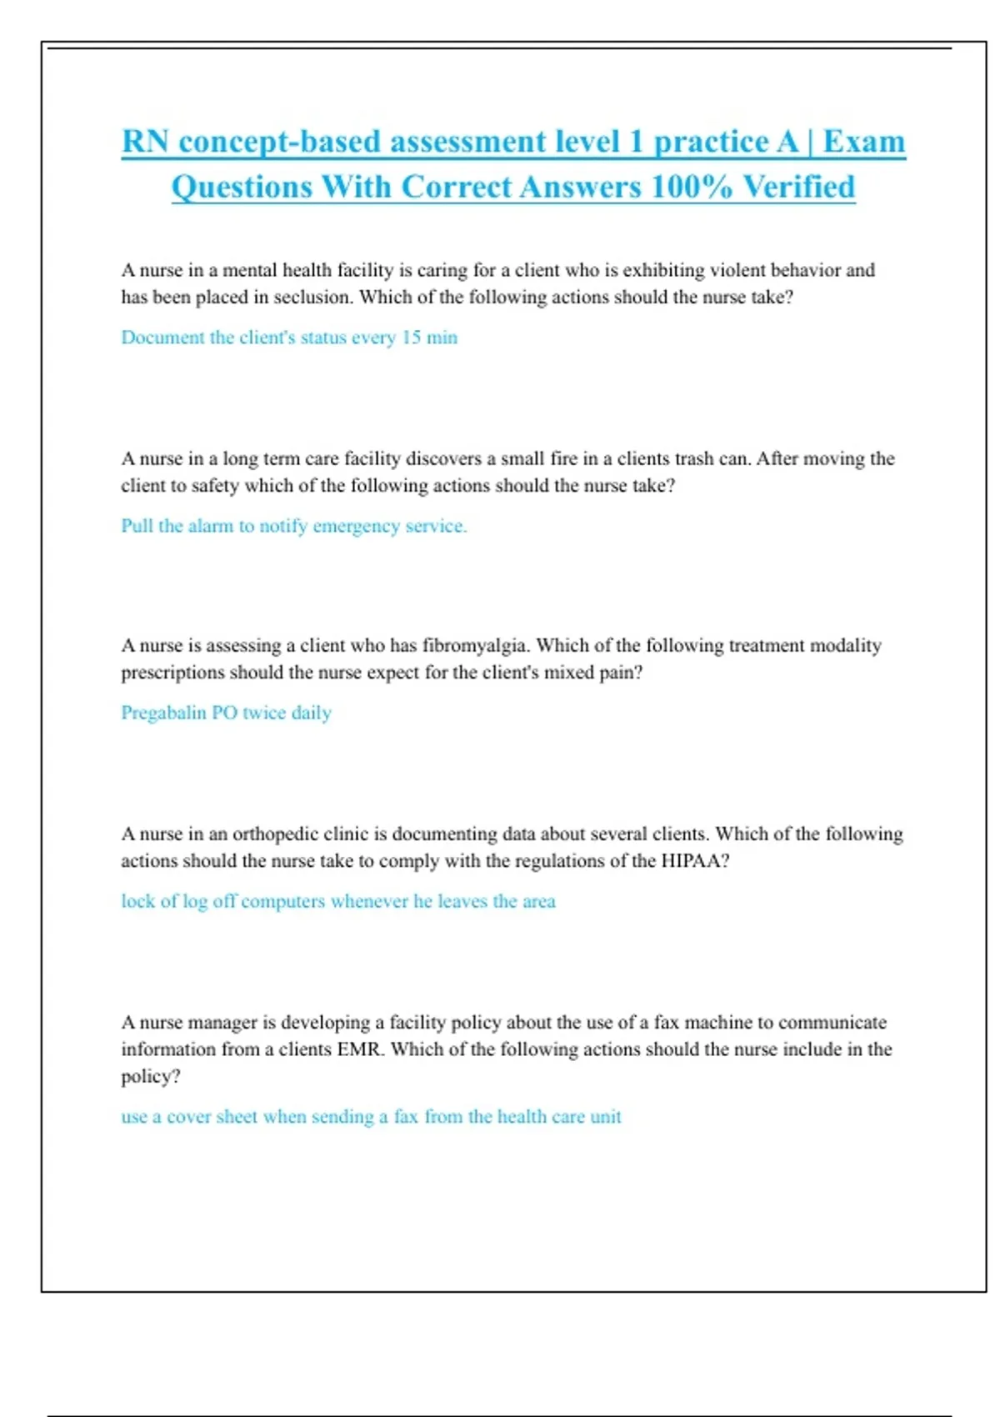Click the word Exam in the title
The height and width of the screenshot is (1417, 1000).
pyautogui.click(x=863, y=142)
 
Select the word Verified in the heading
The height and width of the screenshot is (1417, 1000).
pyautogui.click(x=798, y=187)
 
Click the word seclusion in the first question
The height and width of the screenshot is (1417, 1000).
pyautogui.click(x=313, y=298)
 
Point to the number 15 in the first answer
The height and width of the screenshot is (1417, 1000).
pyautogui.click(x=411, y=338)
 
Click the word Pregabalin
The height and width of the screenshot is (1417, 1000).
pyautogui.click(x=163, y=713)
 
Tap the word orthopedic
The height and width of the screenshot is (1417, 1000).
pyautogui.click(x=275, y=834)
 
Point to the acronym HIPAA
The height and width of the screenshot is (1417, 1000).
pyautogui.click(x=694, y=861)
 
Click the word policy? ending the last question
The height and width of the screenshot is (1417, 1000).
pyautogui.click(x=150, y=1076)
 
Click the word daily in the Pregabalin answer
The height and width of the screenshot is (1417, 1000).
pyautogui.click(x=311, y=713)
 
